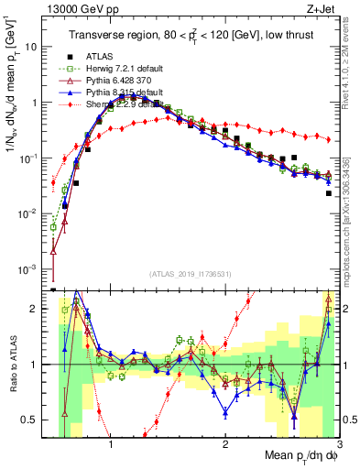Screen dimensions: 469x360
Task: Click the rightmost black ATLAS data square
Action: tap(328, 193)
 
